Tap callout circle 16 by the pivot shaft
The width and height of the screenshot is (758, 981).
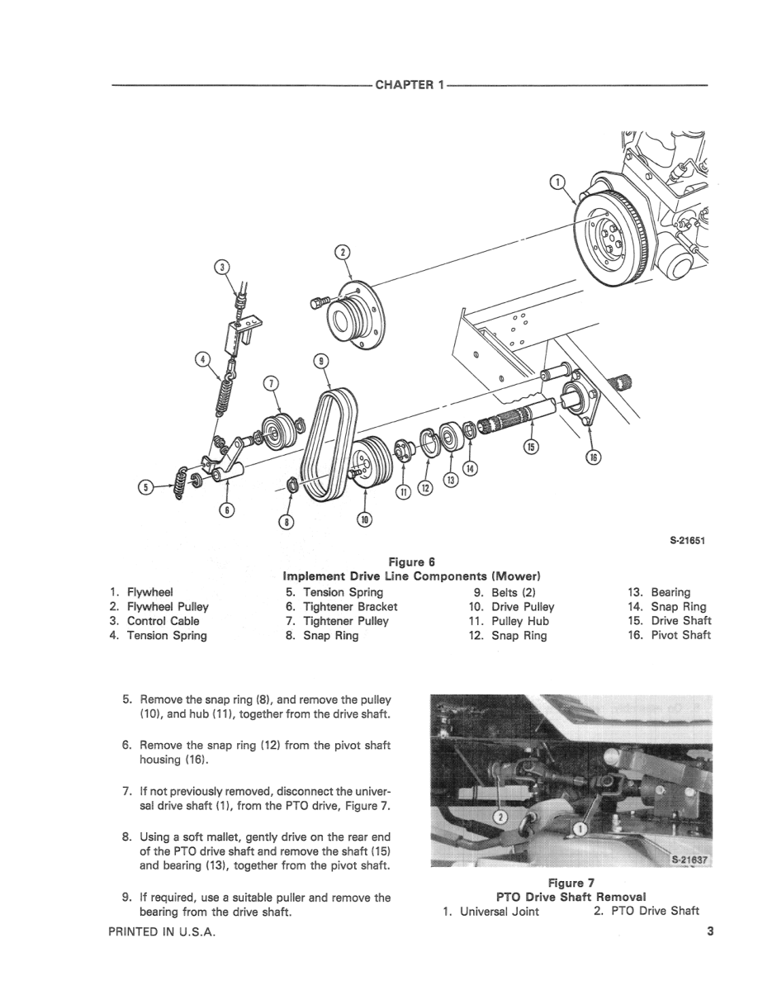pos(592,457)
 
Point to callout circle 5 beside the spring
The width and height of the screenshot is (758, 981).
pos(146,487)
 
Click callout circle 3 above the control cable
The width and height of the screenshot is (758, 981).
pos(220,267)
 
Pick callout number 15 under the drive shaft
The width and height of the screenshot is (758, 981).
pos(532,447)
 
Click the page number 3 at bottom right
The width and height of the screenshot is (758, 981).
pos(710,932)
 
